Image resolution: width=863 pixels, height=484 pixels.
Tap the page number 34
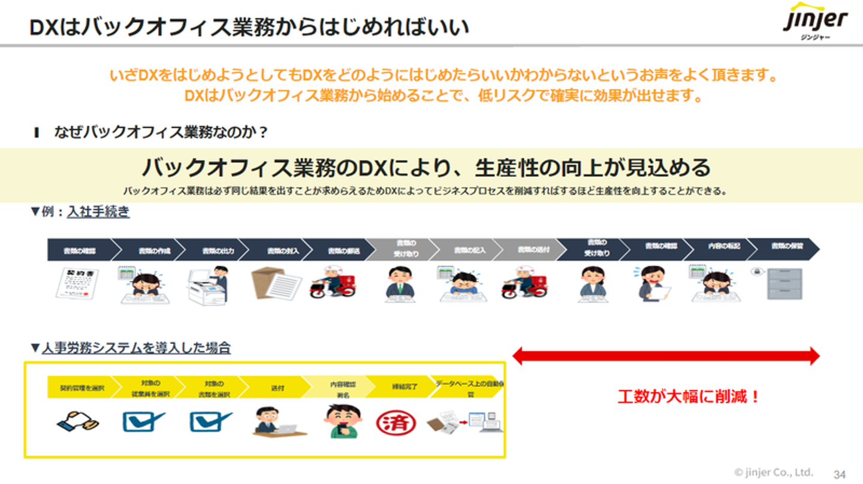840,474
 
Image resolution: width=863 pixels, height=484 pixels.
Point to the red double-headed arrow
665,356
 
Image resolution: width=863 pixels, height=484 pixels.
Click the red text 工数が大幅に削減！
689,396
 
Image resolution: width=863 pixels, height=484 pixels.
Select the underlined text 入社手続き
98,211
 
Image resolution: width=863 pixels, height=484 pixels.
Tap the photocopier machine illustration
208,285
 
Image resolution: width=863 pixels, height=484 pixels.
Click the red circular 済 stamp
396,422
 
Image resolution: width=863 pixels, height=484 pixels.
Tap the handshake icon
78,422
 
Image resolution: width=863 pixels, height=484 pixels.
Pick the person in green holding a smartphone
342,421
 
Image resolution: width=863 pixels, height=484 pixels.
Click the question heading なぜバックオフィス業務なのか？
161,132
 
